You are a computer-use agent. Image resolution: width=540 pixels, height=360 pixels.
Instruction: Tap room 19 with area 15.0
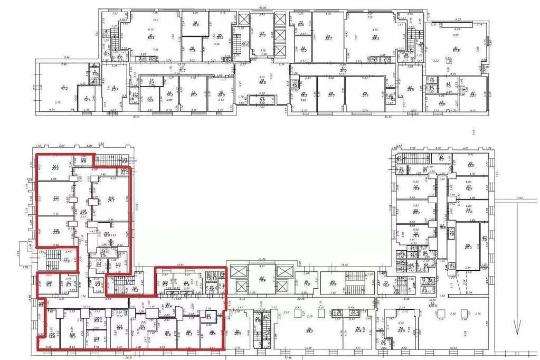195,24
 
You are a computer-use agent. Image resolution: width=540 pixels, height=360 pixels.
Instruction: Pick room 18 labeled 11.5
192,49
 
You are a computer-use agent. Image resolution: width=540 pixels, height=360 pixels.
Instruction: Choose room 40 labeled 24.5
410,88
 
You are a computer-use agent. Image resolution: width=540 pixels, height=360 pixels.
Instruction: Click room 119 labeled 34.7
111,200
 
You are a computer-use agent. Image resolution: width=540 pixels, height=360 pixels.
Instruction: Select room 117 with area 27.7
56,199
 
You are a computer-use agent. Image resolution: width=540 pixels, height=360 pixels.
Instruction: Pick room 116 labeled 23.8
56,231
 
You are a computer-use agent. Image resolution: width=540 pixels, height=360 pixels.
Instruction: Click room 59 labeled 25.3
468,246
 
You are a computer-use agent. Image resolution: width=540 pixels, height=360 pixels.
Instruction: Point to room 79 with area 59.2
309,330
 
